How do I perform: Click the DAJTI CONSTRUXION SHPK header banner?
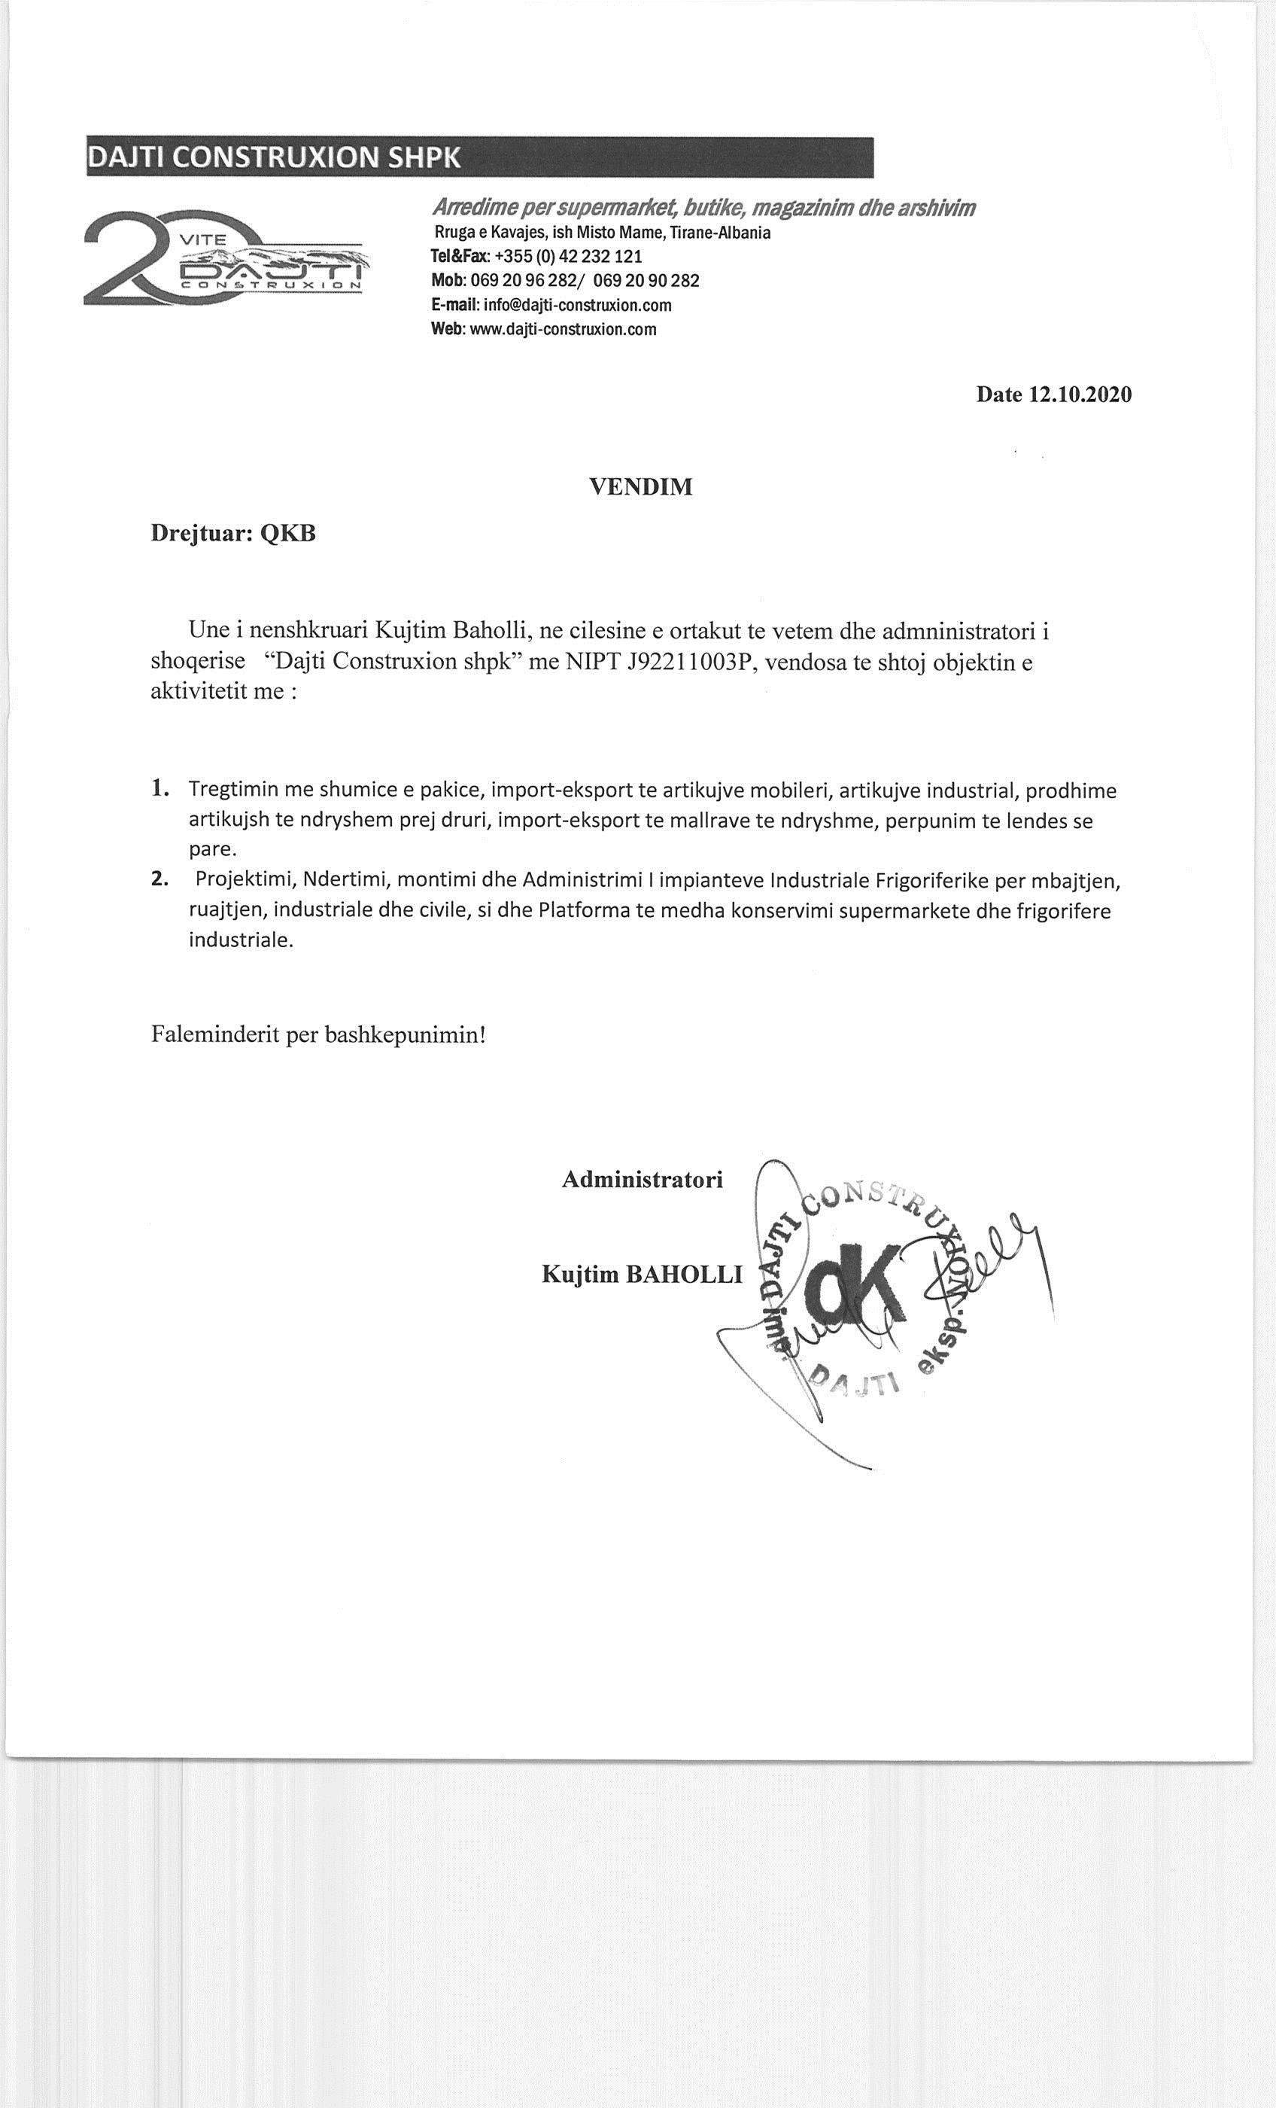(479, 157)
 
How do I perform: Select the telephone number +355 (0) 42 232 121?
(568, 257)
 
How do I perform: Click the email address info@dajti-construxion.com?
(577, 306)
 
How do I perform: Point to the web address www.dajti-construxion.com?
(563, 330)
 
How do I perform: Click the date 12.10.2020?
(1080, 394)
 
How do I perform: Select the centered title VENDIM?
(640, 487)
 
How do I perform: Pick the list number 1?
(159, 789)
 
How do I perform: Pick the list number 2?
(159, 879)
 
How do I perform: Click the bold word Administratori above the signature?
(642, 1180)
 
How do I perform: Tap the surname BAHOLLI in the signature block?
(684, 1275)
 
